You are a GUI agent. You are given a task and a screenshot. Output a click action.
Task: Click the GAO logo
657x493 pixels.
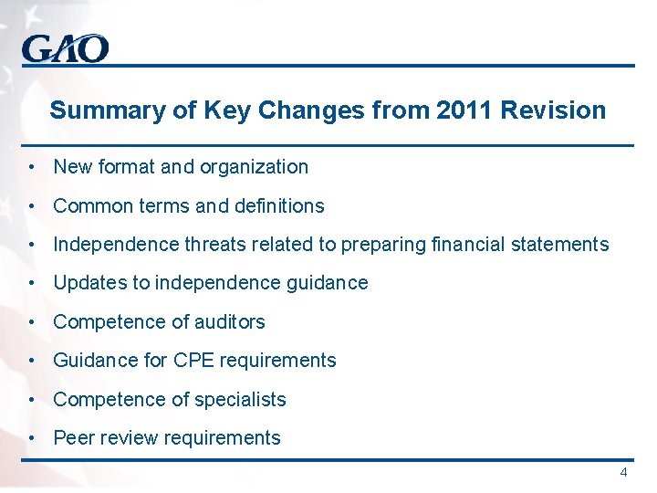coord(65,48)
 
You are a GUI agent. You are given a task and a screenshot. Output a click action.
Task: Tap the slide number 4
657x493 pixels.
coord(623,473)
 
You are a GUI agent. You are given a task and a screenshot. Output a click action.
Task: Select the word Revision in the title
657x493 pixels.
coord(554,111)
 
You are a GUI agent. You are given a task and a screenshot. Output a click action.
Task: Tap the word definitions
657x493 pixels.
coord(278,206)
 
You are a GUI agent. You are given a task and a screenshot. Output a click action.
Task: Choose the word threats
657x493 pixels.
coord(212,245)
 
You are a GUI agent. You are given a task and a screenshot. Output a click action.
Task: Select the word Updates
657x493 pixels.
coord(90,283)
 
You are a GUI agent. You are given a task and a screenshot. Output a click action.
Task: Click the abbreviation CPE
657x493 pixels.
coord(193,361)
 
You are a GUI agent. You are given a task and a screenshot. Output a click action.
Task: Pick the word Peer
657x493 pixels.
coord(73,438)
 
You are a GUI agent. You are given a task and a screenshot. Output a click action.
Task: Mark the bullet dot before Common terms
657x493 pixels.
coord(32,206)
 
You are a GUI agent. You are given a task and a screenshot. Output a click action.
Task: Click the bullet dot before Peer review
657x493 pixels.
coord(32,438)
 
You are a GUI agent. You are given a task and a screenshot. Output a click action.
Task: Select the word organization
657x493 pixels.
coord(255,167)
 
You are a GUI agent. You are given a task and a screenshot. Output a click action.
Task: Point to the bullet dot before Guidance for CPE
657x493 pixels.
coord(32,361)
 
